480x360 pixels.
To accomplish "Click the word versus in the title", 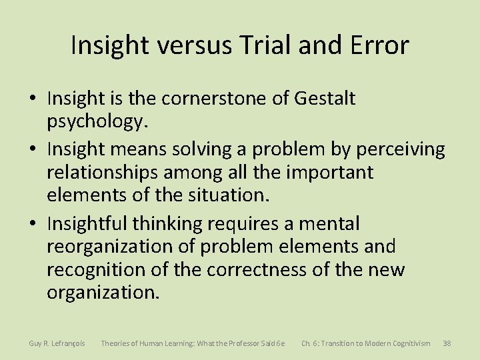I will coord(191,45).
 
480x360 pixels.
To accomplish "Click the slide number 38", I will coord(447,343).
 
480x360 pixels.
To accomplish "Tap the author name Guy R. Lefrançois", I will coord(57,343).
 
